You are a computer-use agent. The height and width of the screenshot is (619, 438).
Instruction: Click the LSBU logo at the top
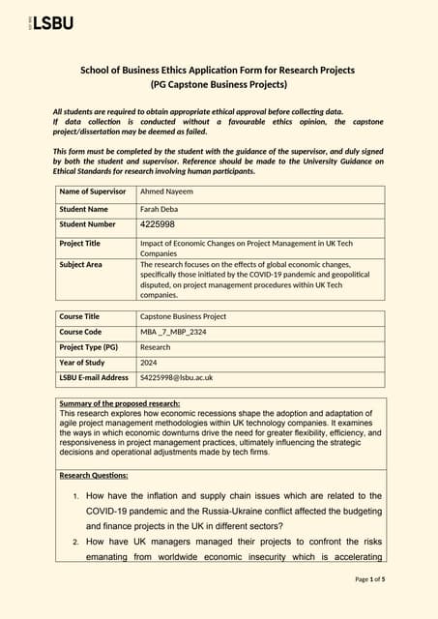click(x=49, y=22)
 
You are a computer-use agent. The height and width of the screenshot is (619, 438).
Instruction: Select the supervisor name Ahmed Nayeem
click(x=166, y=192)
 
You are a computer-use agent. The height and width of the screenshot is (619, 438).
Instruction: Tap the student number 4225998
click(x=158, y=224)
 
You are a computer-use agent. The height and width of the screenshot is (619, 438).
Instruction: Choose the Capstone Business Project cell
click(x=183, y=316)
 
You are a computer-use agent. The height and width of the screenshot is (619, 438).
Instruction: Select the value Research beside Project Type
click(x=155, y=347)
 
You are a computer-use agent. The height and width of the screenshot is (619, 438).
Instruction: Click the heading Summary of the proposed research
click(x=119, y=402)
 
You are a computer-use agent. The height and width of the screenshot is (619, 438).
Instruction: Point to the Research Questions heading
click(x=94, y=476)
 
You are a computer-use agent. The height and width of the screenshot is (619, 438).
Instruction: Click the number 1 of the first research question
click(x=76, y=496)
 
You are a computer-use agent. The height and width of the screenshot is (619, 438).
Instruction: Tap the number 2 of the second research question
click(x=76, y=542)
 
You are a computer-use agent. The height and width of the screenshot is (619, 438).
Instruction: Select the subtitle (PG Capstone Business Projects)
click(x=218, y=85)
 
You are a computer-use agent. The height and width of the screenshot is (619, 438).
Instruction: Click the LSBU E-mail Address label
click(x=93, y=378)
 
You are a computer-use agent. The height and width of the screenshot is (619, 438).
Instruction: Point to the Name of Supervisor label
click(x=92, y=192)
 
